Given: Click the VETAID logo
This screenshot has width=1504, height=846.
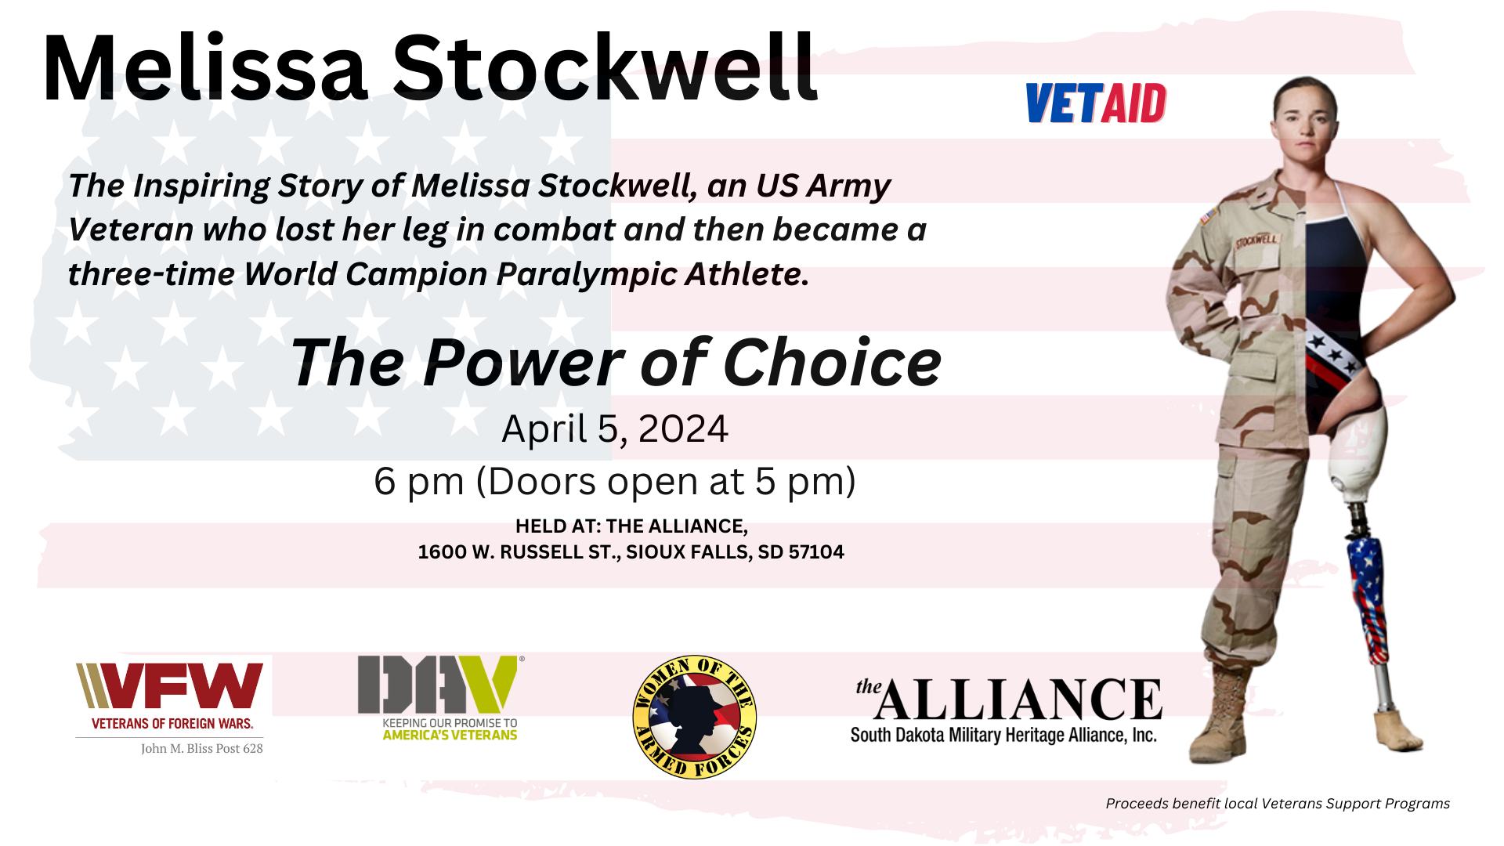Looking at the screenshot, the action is [x=1096, y=103].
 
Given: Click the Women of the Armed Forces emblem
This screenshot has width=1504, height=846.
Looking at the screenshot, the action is [x=694, y=718].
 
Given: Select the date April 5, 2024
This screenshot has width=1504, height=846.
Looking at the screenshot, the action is [x=615, y=429].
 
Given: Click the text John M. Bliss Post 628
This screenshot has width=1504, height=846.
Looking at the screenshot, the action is [x=202, y=749].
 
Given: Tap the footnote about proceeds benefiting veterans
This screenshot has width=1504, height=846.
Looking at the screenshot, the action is [x=1278, y=804].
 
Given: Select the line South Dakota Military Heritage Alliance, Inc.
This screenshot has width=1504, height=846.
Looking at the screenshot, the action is [x=1003, y=736].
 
